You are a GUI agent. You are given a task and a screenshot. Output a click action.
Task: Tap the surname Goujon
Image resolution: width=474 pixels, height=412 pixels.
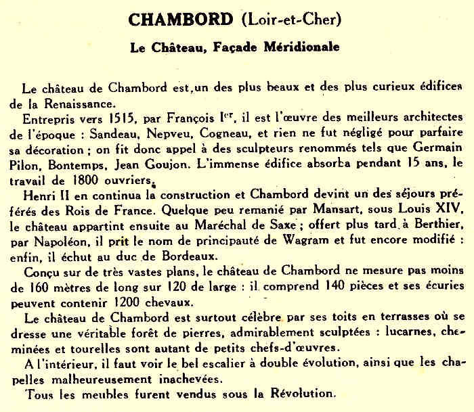tap(200, 164)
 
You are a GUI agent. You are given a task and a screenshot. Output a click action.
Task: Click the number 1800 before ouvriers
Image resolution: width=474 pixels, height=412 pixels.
tap(83, 179)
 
